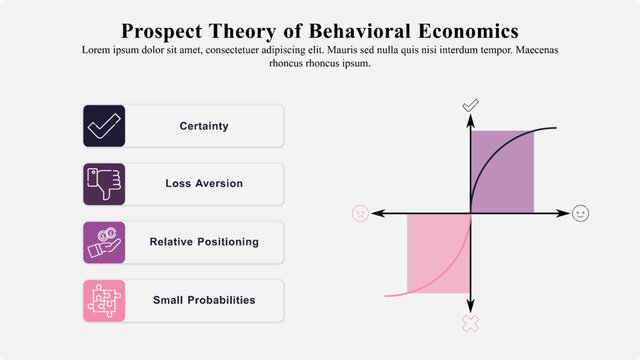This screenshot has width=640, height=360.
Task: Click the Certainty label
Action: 204,126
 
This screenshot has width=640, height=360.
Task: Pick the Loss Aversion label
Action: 204,184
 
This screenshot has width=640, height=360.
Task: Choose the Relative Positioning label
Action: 204,242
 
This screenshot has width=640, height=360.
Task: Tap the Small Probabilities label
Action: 204,300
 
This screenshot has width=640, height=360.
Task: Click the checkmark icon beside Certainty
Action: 104,126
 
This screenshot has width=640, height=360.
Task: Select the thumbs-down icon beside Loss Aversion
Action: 104,184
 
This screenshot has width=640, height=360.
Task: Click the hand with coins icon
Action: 104,242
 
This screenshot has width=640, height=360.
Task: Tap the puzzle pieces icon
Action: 104,300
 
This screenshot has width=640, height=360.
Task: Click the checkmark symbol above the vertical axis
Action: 470,105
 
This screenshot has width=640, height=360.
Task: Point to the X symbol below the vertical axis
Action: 470,323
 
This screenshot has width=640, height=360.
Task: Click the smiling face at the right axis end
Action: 580,213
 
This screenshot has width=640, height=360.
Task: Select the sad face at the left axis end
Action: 360,213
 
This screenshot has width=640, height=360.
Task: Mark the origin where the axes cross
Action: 470,213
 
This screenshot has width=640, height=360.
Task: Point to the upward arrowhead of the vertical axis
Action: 470,120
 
